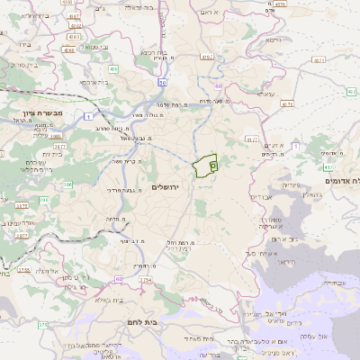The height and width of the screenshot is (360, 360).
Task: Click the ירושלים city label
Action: pos(166,186)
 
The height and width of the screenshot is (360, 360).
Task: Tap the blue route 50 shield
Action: pos(162,83)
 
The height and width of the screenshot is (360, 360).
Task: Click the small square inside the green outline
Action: pos(212,166)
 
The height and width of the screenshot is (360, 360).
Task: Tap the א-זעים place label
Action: pos(274,147)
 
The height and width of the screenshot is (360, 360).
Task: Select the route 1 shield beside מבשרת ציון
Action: pos(86,116)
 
